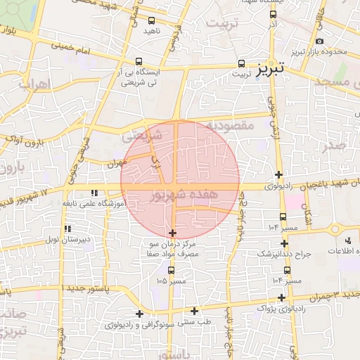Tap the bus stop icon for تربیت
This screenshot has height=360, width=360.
coord(242,63)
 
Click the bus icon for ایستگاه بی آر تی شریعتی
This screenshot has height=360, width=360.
coord(139,61)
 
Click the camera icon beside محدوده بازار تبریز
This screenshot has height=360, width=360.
coord(320,41)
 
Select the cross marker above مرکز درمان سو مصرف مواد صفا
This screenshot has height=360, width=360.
coord(173,233)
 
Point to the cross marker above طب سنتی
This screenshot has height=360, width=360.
coord(140,314)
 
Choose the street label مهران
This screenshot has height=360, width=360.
coord(116,162)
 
